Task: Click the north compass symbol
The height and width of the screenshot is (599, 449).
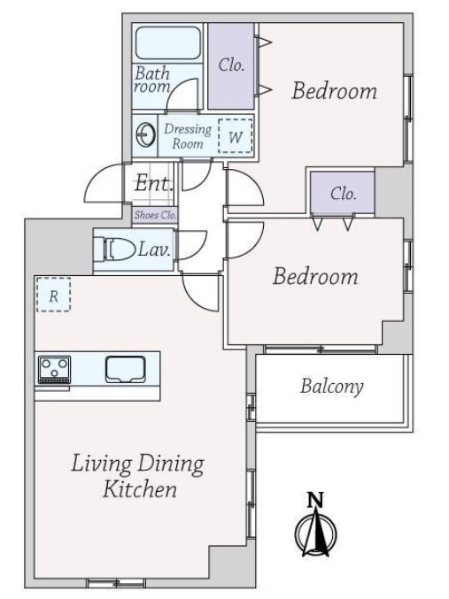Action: [315, 532]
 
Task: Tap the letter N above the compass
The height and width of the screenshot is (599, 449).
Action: [316, 500]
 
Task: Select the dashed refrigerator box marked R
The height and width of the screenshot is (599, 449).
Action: [53, 294]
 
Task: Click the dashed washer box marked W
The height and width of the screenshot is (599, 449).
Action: [236, 136]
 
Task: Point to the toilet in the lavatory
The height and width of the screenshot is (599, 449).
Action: [114, 250]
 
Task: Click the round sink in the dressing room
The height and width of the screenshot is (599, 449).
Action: [146, 134]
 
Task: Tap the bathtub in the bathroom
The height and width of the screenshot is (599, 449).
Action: [168, 42]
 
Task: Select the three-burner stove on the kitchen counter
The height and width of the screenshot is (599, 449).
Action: [54, 370]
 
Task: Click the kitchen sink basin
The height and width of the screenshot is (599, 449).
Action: [126, 369]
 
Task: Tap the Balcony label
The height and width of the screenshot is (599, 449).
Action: [331, 387]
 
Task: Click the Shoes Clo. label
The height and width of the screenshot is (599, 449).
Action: [155, 215]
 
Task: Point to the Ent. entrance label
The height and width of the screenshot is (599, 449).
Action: [154, 183]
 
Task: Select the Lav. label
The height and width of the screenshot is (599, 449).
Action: [154, 250]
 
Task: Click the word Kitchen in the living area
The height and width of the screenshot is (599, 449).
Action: [140, 489]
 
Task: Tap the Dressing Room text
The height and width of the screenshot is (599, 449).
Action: [188, 136]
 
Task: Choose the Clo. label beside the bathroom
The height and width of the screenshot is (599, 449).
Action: [231, 65]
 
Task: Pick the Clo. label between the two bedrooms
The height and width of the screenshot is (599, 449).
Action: [343, 194]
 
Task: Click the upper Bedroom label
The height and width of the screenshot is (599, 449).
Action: [335, 91]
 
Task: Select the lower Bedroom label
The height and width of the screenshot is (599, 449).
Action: [315, 276]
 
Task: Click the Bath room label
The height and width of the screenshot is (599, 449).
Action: [152, 80]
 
